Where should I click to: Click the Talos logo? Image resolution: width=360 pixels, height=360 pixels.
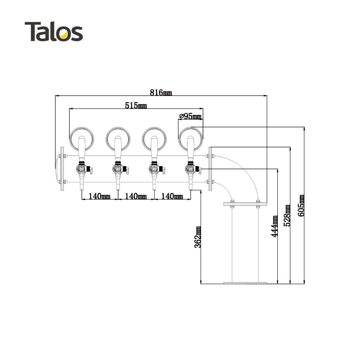click(54, 31)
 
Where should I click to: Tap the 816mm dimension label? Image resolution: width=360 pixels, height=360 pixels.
click(161, 92)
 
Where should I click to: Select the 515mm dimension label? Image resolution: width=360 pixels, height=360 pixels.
click(136, 105)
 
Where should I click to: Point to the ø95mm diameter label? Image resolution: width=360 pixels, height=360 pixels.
click(190, 116)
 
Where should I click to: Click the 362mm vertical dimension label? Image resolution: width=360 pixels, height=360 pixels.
click(198, 237)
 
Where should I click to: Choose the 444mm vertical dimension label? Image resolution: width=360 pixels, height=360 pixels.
click(274, 226)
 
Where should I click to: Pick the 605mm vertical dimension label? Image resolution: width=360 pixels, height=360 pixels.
click(301, 205)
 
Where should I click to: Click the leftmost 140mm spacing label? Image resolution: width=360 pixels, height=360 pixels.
click(99, 196)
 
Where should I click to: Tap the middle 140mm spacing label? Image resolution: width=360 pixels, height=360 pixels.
click(136, 196)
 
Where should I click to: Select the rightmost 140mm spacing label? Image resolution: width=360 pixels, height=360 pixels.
click(172, 196)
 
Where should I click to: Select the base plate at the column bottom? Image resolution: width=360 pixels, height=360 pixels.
click(245, 283)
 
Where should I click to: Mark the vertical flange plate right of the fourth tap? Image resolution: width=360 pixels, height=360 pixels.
click(210, 169)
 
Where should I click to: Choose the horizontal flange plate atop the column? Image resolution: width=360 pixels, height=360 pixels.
click(245, 204)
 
